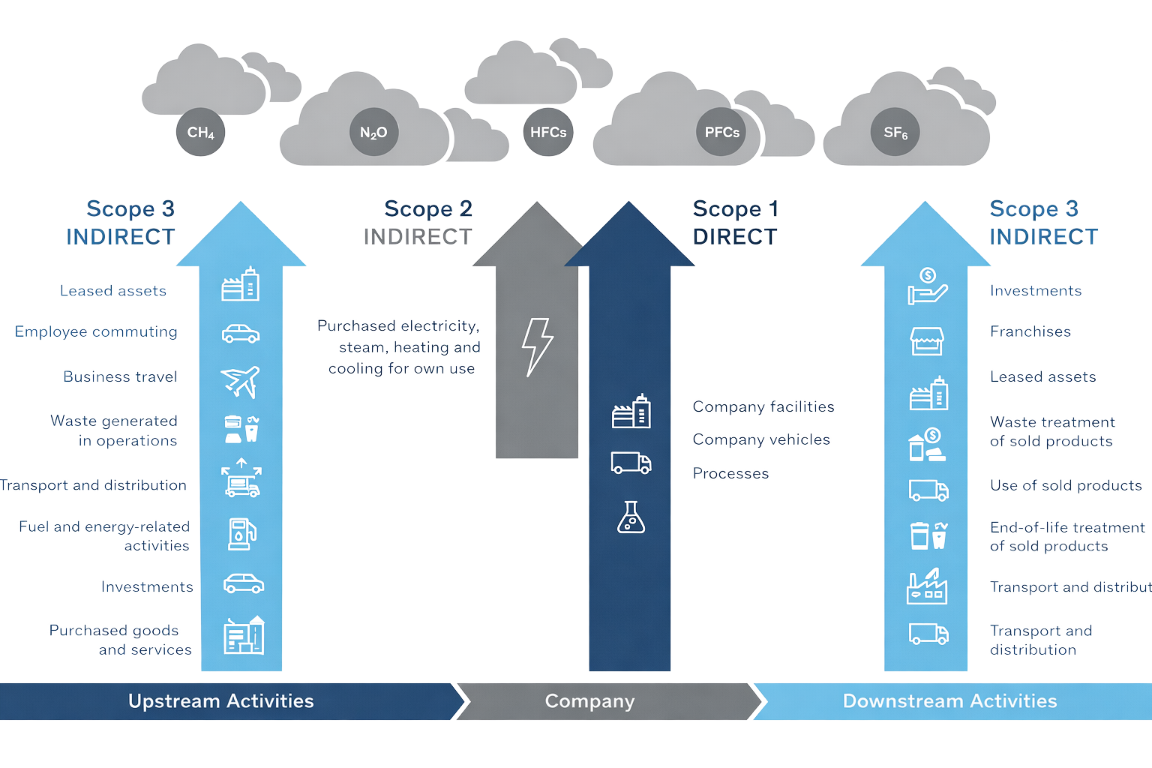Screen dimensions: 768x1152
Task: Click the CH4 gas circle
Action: (200, 133)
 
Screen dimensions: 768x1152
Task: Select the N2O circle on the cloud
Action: (373, 133)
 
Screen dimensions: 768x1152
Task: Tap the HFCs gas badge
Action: (548, 133)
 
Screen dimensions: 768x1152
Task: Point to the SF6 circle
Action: (895, 133)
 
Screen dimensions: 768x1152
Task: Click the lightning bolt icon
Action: (537, 346)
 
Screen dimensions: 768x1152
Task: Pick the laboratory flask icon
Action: (631, 517)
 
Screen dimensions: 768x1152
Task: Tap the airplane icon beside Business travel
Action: (241, 381)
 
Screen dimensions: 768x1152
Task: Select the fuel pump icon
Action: (241, 534)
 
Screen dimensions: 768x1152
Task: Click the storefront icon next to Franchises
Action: (927, 340)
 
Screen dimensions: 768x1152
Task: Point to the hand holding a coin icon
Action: (927, 286)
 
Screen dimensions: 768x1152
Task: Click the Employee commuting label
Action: (96, 331)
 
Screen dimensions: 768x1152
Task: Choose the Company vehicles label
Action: (761, 439)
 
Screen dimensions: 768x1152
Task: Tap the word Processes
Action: (730, 473)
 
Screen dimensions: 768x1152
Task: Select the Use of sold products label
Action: (1066, 485)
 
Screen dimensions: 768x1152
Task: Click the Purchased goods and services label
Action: (120, 640)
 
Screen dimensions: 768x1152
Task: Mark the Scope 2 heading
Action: (427, 208)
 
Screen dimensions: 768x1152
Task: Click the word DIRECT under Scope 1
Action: (735, 237)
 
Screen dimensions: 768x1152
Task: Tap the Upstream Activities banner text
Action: (221, 701)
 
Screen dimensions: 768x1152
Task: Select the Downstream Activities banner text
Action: (949, 701)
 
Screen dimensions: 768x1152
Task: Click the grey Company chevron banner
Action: (590, 701)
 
